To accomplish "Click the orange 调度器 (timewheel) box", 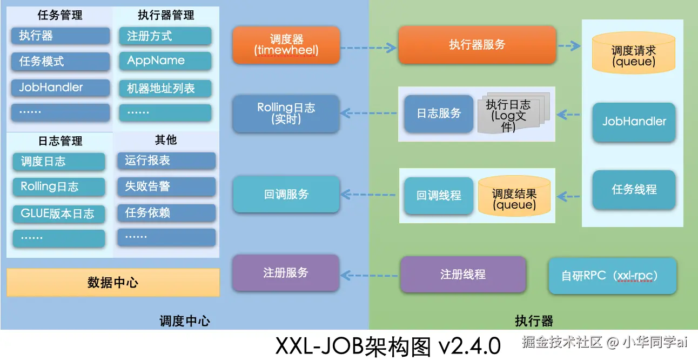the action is (x=286, y=45).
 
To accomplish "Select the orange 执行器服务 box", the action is (x=477, y=45).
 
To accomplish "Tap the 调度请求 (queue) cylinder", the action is (x=634, y=53).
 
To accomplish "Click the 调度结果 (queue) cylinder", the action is (x=514, y=196).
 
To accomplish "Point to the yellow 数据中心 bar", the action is (x=113, y=282).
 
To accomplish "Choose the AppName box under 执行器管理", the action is (x=165, y=61).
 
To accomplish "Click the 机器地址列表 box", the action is (x=165, y=89).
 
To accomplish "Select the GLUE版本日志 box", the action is (x=59, y=214).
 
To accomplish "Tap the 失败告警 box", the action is (x=166, y=186).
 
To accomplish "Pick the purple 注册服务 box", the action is (x=286, y=273).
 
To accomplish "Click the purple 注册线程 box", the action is (x=463, y=274).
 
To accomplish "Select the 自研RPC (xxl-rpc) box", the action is (x=613, y=276).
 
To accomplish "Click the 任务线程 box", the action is (x=634, y=190).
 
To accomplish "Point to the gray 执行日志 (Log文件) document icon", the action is (x=514, y=113).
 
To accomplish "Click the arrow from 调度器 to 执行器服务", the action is (x=368, y=48).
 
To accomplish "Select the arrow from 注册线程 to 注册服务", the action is (x=369, y=276).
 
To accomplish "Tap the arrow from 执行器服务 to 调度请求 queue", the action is (x=569, y=46).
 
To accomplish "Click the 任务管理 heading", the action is (x=60, y=15).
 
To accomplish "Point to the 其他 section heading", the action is (x=166, y=140).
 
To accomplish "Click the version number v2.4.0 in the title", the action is (x=469, y=346).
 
